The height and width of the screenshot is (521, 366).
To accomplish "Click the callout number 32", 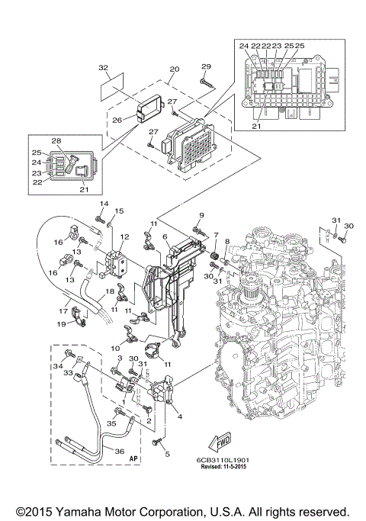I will click(x=104, y=67).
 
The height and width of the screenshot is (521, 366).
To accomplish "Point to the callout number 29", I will click(x=205, y=67).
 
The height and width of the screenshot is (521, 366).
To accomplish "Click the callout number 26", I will click(x=117, y=119).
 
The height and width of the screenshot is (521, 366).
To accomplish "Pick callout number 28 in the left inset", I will click(x=56, y=142).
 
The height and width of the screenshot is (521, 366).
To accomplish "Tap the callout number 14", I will click(x=105, y=204).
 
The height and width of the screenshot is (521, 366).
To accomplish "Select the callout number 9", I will click(x=202, y=215).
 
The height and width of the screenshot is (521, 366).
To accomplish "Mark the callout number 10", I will click(x=116, y=348).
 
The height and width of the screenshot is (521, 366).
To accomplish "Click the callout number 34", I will click(x=56, y=367).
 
